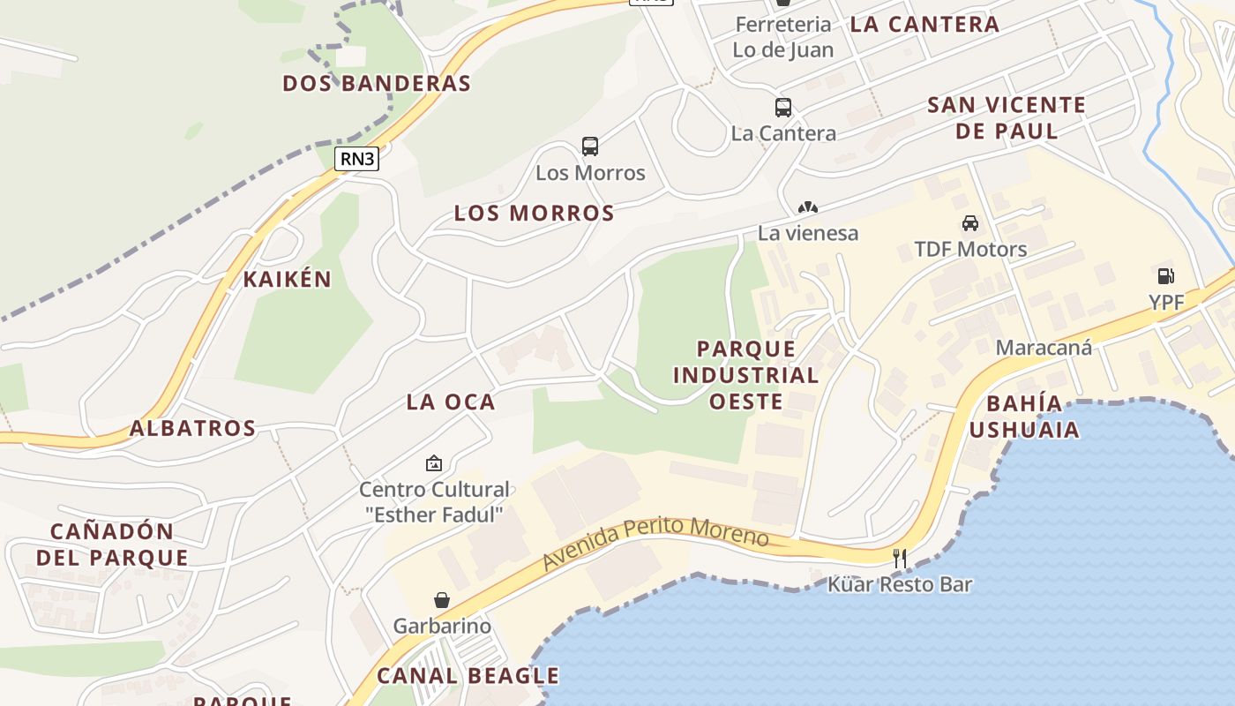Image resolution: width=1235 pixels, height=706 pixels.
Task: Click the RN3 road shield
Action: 357,159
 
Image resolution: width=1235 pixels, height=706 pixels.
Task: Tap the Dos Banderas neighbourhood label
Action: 377,83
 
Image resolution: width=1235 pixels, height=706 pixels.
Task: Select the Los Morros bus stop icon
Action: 590,146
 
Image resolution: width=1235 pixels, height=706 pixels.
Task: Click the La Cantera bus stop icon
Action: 782,108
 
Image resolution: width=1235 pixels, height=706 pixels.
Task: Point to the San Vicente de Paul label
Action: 1007,118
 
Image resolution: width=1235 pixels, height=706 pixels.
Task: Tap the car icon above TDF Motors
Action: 970,223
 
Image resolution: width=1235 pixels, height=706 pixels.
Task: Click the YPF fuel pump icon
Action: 1165,276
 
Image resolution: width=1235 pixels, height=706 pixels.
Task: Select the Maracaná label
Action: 1044,347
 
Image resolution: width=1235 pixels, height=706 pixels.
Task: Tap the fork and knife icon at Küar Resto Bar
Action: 900,558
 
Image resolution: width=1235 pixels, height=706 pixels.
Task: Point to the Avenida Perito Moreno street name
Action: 655,541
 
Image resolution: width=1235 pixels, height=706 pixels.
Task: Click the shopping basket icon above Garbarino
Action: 442,600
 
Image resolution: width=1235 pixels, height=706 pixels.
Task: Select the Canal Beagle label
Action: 468,676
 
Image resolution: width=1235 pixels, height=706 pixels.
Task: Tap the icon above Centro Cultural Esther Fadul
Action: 434,463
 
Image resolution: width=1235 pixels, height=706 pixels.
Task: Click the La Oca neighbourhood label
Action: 451,402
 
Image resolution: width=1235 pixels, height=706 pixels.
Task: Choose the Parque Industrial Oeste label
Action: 746,375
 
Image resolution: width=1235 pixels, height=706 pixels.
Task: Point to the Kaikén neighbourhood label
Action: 288,280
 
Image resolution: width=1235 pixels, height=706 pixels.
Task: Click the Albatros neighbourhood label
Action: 192,428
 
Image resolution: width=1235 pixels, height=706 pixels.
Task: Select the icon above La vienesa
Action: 808,208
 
